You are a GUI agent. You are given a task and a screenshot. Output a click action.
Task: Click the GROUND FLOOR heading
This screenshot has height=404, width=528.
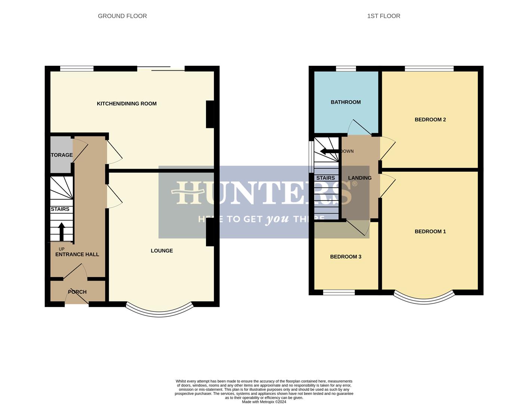(x=122, y=16)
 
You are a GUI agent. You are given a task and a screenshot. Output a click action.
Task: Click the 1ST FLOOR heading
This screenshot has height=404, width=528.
(x=383, y=16)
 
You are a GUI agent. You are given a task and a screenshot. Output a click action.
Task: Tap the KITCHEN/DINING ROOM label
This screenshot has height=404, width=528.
(x=126, y=104)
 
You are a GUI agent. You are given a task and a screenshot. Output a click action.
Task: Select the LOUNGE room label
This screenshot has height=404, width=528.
(x=162, y=251)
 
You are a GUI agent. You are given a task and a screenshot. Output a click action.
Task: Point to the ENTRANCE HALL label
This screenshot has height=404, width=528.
(x=77, y=254)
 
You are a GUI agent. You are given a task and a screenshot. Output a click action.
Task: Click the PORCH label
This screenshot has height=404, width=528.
(x=77, y=292)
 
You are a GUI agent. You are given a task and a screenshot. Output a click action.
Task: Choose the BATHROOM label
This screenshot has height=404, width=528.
(x=346, y=102)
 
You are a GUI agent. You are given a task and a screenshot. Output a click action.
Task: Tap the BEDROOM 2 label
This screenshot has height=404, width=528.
(x=430, y=120)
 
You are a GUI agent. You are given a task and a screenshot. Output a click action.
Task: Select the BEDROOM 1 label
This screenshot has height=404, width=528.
(x=430, y=232)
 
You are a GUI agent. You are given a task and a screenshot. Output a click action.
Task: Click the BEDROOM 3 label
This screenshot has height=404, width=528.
(x=346, y=257)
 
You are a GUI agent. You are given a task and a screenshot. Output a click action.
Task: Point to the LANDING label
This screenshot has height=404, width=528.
(x=360, y=178)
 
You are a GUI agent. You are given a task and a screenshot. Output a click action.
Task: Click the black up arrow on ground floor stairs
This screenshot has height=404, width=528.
(x=61, y=232)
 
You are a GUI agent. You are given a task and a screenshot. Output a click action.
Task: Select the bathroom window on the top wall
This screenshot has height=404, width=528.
(x=346, y=68)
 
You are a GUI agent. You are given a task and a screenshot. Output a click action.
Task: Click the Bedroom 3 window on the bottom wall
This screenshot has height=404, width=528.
(x=339, y=293)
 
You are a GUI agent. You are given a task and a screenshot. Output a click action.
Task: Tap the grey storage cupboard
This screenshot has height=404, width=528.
(x=61, y=155)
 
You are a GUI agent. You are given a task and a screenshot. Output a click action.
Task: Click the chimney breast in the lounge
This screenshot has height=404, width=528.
(x=210, y=232)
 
